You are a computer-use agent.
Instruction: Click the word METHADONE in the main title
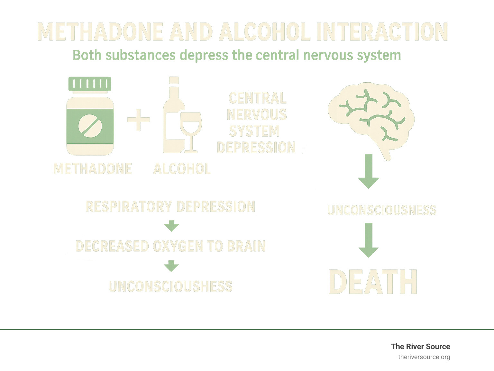pos(100,32)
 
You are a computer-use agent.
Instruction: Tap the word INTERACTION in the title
pos(382,32)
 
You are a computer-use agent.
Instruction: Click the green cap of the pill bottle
pos(90,84)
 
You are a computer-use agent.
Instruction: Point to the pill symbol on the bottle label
pos(90,126)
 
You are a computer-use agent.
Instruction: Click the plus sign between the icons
pos(138,120)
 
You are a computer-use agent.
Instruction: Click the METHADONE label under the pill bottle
pos(93,169)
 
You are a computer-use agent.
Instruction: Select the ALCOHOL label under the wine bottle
pos(182,169)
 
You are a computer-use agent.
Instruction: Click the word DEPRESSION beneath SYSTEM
pos(256,148)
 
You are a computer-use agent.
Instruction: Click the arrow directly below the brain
pos(369,171)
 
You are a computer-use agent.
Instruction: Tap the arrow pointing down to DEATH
pos(369,240)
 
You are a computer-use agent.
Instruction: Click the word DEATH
pos(373,282)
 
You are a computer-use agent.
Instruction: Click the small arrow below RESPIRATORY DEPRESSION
pos(171,226)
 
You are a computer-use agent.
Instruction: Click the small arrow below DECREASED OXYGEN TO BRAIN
pos(171,266)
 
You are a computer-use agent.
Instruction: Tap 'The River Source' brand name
pos(420,347)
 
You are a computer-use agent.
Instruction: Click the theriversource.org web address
pos(424,357)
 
